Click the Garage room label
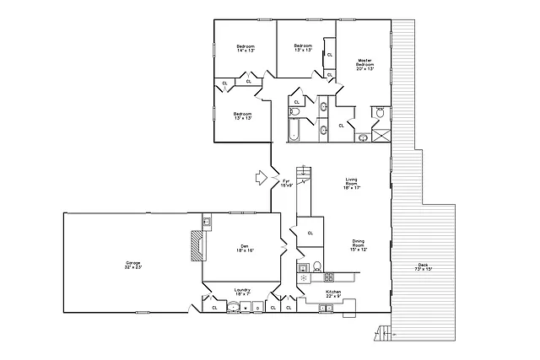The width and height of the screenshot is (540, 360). tap(132, 264)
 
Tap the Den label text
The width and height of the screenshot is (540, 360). tap(245, 247)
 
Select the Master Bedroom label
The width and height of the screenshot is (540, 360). tap(364, 64)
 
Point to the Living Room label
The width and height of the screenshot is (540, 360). tap(353, 183)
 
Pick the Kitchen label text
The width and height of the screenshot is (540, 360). tap(334, 294)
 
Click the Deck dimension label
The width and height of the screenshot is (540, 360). tap(422, 268)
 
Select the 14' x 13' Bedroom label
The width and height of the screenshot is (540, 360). tap(246, 48)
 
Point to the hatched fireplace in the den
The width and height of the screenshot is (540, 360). tap(197, 246)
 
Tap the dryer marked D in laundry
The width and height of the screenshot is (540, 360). tap(257, 308)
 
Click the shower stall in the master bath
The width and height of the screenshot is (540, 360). tap(381, 133)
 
